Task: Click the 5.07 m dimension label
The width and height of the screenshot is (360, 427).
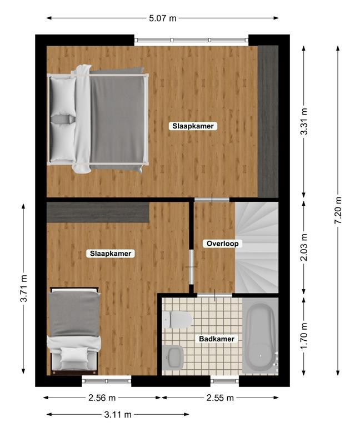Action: pos(163,18)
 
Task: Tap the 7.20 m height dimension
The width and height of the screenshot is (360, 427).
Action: pos(338,210)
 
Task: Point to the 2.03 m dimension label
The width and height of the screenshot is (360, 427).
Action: pos(304,247)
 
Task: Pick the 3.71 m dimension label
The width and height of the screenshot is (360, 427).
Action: pos(23,289)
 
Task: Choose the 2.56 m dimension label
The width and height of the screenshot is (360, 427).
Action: pos(102,398)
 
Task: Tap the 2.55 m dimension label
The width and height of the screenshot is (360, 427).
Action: pos(220,398)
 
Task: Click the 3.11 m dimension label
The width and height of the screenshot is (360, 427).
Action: pos(118,414)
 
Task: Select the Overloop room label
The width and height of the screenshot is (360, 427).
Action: pos(223,244)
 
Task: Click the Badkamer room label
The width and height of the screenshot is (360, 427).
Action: pos(217,339)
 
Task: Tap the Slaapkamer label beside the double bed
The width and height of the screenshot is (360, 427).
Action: pos(193,126)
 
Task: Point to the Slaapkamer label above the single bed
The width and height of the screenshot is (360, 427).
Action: pos(111,254)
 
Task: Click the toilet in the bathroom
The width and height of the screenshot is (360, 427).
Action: pos(177,320)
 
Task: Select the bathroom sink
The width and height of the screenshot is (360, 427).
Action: pos(173,357)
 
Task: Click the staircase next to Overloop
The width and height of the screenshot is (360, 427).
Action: pos(257,247)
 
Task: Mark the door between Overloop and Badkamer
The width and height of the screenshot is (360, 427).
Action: pos(214,295)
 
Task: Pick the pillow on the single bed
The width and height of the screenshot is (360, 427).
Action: pos(74,355)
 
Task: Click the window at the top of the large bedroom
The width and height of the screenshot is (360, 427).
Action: pos(191,40)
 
